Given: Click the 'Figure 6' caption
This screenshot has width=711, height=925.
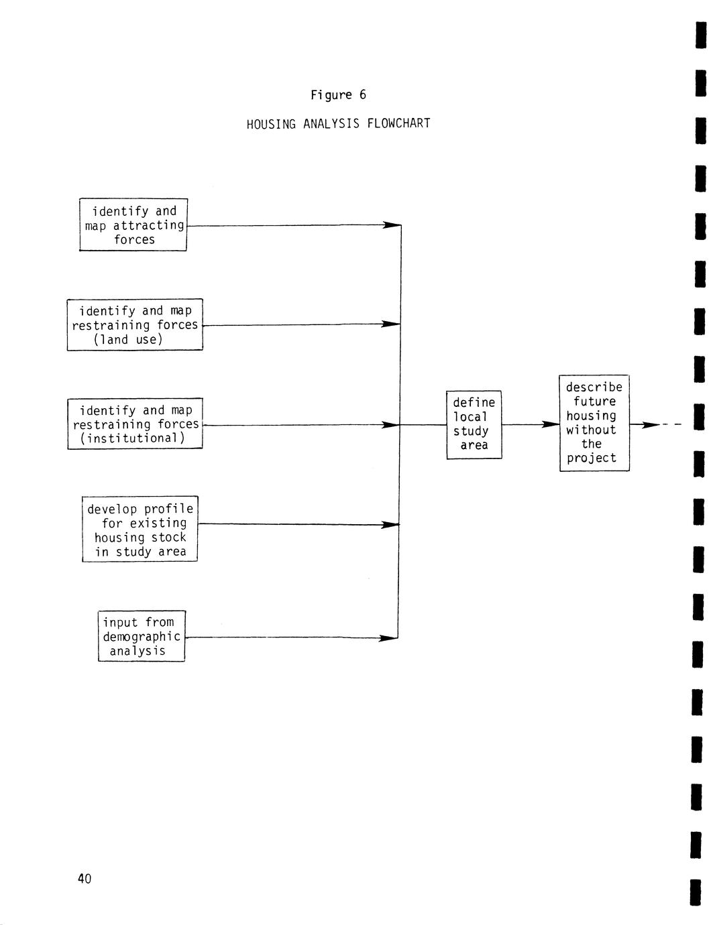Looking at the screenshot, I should click(338, 95).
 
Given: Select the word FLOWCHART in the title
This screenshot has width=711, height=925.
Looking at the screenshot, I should click(398, 123).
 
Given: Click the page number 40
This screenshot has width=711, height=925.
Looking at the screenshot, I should click(85, 878).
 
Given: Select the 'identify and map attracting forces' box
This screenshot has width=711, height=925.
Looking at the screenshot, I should click(133, 225).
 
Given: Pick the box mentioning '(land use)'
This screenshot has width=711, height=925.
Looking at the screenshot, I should click(135, 324).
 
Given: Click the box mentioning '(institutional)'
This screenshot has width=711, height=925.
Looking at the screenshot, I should click(135, 424).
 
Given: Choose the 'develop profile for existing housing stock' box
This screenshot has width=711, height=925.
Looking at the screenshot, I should click(140, 530).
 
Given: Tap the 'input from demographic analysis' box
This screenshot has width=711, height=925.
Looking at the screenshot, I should click(141, 636).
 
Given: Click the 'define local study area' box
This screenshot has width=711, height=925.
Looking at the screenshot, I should click(474, 424).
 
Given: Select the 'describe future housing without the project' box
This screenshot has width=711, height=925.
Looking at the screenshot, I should click(594, 423).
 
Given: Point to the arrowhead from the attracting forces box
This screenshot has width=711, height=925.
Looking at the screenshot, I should click(391, 225).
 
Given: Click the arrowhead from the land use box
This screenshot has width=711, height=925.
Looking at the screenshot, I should click(391, 324).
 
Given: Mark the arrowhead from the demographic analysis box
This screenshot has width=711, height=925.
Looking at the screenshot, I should click(389, 638).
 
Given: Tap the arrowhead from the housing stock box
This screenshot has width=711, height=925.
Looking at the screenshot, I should click(391, 524).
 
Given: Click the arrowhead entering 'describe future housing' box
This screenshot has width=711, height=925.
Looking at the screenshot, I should click(550, 424).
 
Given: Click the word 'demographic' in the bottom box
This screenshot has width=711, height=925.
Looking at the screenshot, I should click(142, 637).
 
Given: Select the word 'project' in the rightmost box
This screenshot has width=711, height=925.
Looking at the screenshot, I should click(591, 458).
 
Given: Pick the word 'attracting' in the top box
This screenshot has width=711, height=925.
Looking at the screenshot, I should click(148, 225).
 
